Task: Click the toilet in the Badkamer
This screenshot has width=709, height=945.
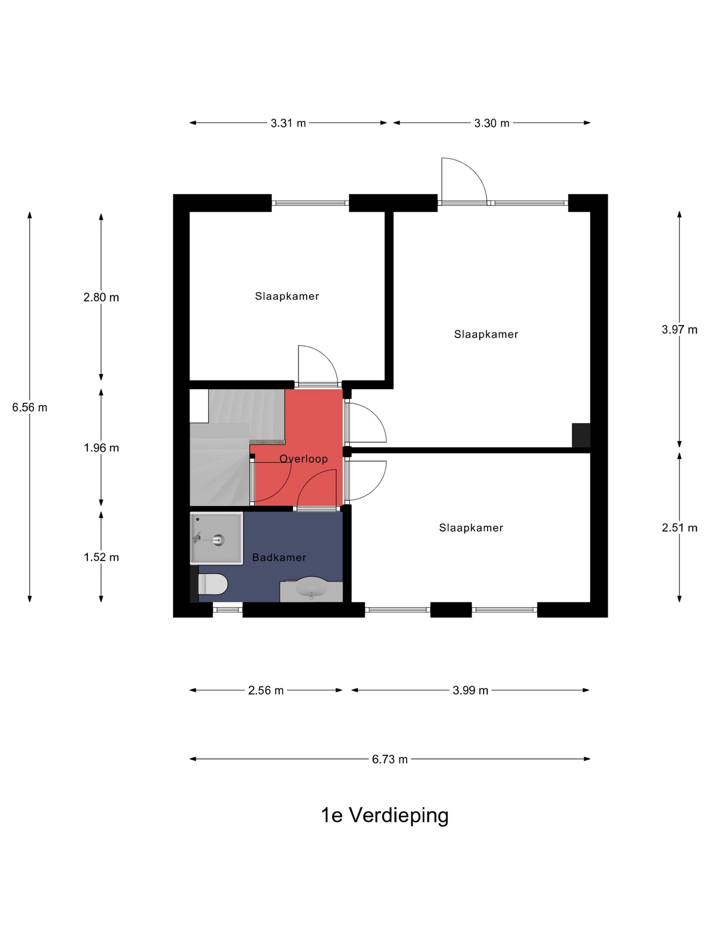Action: [x=212, y=584]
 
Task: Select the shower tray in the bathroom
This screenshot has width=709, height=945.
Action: [x=217, y=538]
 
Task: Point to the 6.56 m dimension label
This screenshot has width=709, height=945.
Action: [x=30, y=407]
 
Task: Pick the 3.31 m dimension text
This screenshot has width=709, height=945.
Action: [x=288, y=123]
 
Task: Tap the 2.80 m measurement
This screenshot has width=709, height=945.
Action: [x=101, y=297]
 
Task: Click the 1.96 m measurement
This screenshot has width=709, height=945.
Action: [x=101, y=447]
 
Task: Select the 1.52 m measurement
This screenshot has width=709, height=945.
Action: [x=101, y=557]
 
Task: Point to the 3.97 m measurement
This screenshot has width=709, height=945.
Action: [x=679, y=329]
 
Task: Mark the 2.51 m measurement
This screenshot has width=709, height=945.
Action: [x=679, y=528]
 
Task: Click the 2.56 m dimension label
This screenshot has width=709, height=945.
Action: [x=266, y=690]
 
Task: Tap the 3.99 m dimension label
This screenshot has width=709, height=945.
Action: [x=470, y=690]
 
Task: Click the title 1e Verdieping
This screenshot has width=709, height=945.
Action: [x=385, y=815]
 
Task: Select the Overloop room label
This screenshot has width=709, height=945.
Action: [x=303, y=458]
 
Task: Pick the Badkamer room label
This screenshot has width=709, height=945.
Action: [x=279, y=557]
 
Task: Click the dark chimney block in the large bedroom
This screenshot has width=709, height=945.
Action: [x=581, y=435]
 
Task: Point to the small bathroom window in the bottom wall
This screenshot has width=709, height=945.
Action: [x=227, y=610]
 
